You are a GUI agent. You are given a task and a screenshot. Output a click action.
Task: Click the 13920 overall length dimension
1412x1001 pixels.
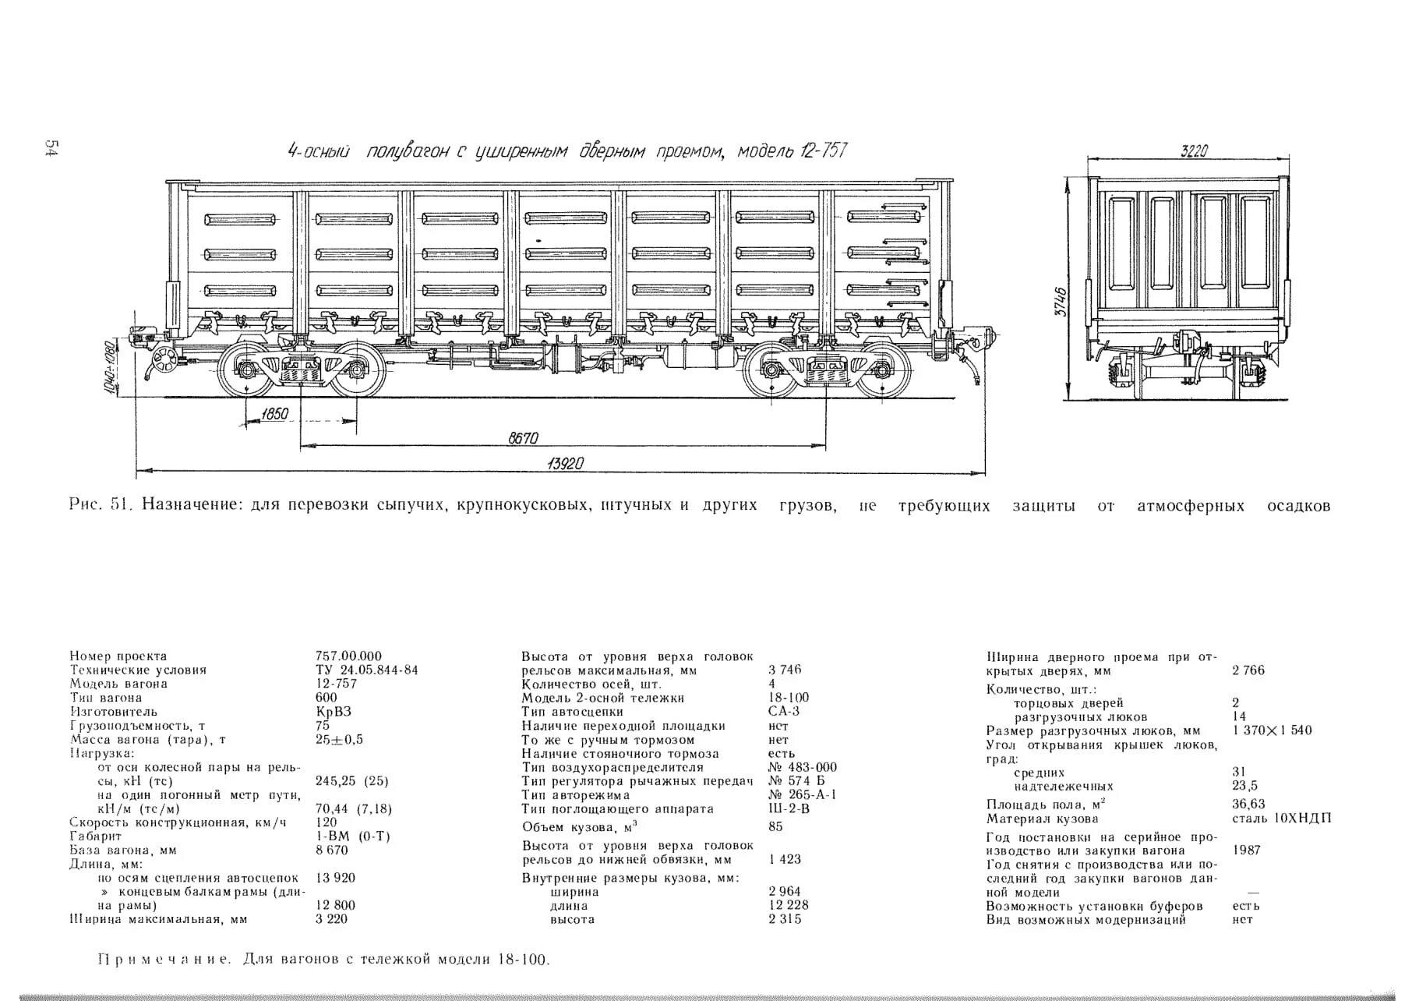point(566,464)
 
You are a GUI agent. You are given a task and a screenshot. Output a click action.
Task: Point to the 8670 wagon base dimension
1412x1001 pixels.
point(524,438)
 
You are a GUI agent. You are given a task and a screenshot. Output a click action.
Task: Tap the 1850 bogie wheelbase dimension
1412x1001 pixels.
point(275,413)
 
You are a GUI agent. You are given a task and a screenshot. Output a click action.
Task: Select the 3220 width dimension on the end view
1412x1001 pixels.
point(1193,151)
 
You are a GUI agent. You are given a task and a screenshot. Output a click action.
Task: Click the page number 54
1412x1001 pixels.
point(51,149)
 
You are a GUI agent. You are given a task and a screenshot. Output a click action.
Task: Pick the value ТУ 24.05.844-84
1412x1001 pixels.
point(366,670)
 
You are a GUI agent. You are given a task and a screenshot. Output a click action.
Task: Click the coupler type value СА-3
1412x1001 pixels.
point(784,711)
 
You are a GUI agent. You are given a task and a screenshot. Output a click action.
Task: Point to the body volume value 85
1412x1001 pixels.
point(775,826)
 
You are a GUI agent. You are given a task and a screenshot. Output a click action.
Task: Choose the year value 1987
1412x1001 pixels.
point(1247,851)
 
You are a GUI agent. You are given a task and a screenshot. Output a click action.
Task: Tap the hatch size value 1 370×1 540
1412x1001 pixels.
point(1273,730)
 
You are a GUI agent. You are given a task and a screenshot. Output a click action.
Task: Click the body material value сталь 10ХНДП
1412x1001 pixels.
point(1282,819)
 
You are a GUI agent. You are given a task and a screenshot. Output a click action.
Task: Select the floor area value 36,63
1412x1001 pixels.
point(1249,804)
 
